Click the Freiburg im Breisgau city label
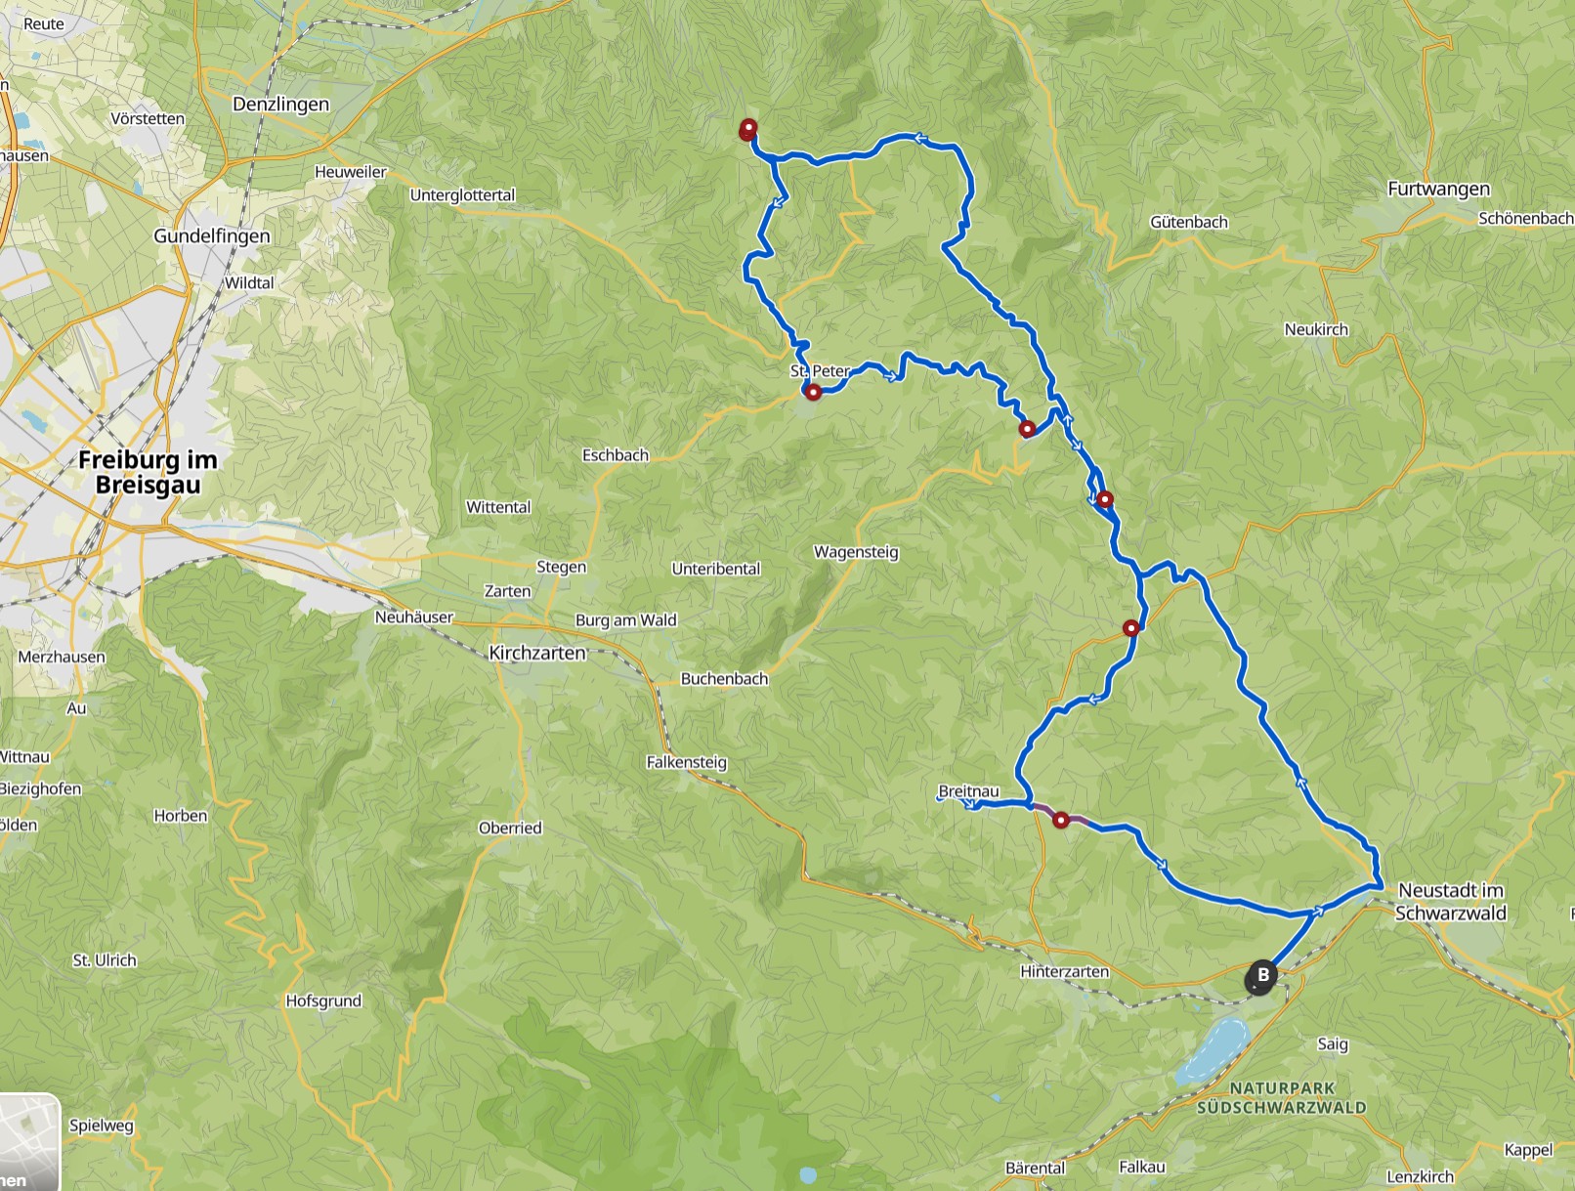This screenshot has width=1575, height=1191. tap(148, 472)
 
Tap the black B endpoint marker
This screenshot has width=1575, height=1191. tap(1261, 976)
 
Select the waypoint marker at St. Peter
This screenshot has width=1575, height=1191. tap(813, 392)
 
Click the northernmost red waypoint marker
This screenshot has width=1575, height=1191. tap(748, 128)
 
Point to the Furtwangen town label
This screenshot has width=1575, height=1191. tap(1438, 189)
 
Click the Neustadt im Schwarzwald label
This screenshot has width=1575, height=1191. tap(1451, 901)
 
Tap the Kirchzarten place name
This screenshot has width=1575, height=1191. tap(537, 653)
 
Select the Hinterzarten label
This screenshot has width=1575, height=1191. tap(1064, 971)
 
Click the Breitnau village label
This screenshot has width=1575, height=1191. tap(968, 790)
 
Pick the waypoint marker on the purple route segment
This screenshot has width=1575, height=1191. tap(1061, 820)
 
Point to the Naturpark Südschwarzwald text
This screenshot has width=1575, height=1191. tap(1282, 1097)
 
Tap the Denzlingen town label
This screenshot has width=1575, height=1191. tap(280, 105)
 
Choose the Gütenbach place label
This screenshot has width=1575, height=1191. tap(1189, 222)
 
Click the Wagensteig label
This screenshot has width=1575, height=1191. tap(856, 552)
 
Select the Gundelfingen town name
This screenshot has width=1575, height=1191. tap(212, 235)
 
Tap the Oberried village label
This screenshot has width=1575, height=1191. tap(510, 828)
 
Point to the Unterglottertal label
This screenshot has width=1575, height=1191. tap(462, 194)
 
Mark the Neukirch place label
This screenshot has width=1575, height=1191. tap(1316, 329)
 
